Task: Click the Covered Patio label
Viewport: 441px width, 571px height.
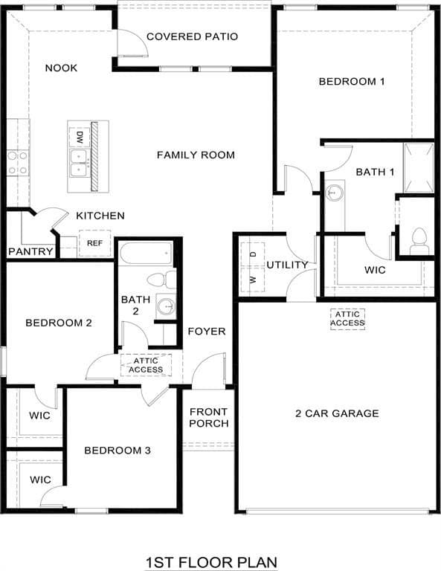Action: pos(193,36)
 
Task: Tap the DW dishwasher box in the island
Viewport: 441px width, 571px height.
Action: pos(79,138)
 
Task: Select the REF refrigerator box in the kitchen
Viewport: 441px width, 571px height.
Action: pos(94,243)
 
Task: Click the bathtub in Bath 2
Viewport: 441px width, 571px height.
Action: pos(146,254)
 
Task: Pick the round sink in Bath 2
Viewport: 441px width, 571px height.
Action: pos(166,305)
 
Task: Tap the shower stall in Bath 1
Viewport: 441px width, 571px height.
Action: pos(419,167)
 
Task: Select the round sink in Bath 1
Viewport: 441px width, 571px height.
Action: pos(334,192)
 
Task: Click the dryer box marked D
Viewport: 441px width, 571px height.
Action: pos(253,254)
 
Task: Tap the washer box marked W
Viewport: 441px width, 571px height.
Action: pos(253,279)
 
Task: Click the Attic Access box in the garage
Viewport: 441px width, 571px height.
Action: pos(347,319)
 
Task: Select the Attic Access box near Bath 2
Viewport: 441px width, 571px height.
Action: pos(146,365)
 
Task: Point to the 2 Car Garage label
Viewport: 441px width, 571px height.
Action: pos(337,413)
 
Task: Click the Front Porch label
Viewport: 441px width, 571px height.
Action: pos(209,418)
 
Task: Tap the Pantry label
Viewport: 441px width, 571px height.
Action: pos(30,251)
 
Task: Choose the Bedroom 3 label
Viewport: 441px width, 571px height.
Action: pos(118,451)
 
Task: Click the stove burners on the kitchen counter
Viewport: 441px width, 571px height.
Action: pos(18,163)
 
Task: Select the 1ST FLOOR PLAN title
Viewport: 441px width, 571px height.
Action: pos(211,562)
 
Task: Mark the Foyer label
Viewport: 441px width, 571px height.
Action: pos(207,332)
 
